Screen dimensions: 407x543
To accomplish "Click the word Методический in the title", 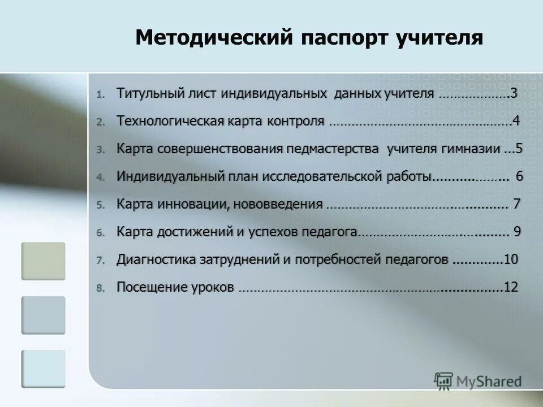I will click(213, 38).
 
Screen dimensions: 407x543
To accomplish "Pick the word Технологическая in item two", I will click(170, 121).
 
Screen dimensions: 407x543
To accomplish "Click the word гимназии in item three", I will click(471, 149).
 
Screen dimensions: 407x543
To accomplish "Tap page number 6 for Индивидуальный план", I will click(519, 176).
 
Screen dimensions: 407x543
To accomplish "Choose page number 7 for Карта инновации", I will click(516, 204).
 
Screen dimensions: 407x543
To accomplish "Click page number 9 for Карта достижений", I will click(517, 232).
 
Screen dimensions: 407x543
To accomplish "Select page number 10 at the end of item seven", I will click(511, 259).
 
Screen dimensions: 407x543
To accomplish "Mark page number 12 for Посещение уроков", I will click(511, 287).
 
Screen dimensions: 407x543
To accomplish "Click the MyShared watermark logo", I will click(478, 382).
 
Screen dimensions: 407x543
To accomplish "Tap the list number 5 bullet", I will click(100, 205).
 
